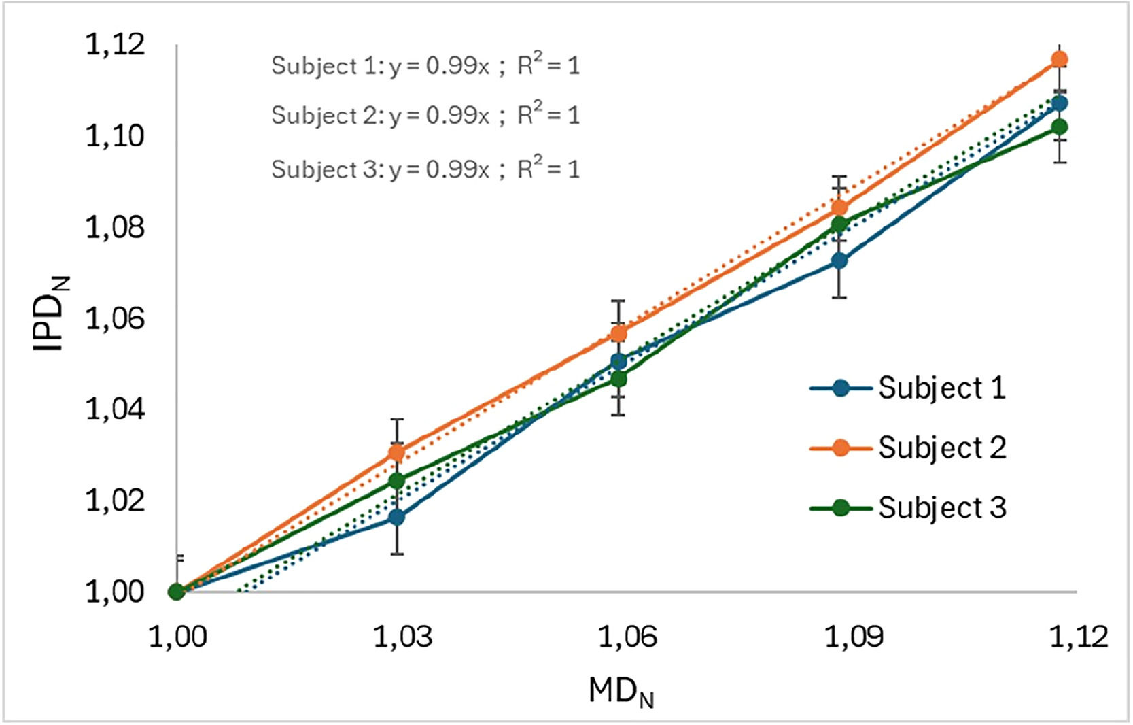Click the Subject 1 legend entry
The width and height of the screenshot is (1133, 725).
[x=908, y=388]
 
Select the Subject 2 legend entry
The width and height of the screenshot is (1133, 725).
[x=908, y=448]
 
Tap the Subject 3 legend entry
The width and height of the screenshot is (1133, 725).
[x=908, y=508]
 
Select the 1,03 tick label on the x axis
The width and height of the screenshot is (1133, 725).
[x=402, y=637]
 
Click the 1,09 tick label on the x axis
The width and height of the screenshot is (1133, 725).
[x=854, y=637]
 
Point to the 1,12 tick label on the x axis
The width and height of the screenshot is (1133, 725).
[x=1079, y=637]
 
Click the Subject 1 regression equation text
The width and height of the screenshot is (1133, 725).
[x=425, y=66]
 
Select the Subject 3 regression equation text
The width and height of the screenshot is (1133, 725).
[x=425, y=169]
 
